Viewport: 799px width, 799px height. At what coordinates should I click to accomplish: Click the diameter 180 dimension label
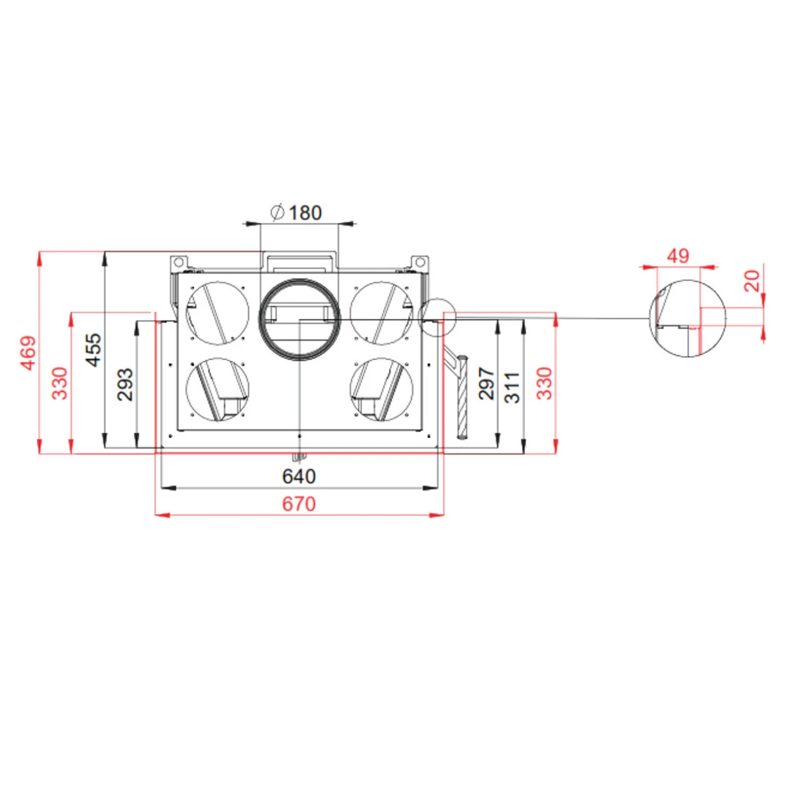pyautogui.click(x=297, y=213)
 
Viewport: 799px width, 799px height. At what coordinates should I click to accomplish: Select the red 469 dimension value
pyautogui.click(x=29, y=353)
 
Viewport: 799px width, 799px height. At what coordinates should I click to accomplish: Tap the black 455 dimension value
pyautogui.click(x=92, y=350)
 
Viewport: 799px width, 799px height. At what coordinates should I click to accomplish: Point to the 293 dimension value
pyautogui.click(x=125, y=384)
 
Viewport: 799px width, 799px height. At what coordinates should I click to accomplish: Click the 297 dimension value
pyautogui.click(x=486, y=383)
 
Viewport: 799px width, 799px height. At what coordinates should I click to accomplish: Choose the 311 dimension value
pyautogui.click(x=512, y=387)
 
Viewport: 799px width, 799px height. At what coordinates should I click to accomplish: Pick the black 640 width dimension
pyautogui.click(x=299, y=476)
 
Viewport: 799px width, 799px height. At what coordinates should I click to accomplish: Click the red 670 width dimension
pyautogui.click(x=299, y=504)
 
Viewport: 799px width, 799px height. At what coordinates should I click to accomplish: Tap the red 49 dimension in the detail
pyautogui.click(x=678, y=255)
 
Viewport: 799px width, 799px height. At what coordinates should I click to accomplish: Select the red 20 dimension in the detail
pyautogui.click(x=752, y=281)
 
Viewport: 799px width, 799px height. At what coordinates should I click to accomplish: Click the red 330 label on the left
pyautogui.click(x=59, y=383)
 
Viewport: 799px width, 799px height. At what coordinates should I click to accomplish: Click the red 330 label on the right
pyautogui.click(x=544, y=383)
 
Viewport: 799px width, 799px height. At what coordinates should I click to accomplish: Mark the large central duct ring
pyautogui.click(x=300, y=320)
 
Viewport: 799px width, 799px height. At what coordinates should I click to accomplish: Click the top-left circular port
pyautogui.click(x=217, y=313)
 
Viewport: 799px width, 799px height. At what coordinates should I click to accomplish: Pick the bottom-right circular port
pyautogui.click(x=381, y=390)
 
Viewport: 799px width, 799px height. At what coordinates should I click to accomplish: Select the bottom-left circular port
pyautogui.click(x=217, y=390)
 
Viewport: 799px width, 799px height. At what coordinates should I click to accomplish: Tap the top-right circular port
pyautogui.click(x=381, y=313)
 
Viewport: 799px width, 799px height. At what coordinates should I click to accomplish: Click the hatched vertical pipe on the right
pyautogui.click(x=462, y=396)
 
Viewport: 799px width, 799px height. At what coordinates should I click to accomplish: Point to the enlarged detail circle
pyautogui.click(x=688, y=318)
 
